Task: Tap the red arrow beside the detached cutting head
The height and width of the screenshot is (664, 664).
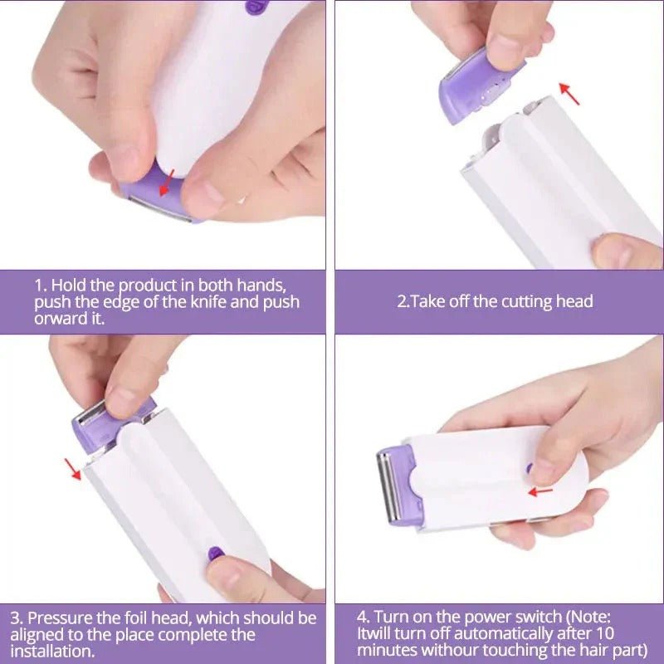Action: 569,93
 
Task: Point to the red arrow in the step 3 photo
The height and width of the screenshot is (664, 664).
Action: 74,470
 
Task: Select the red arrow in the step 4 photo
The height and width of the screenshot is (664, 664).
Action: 540,491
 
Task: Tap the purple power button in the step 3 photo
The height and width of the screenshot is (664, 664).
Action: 214,552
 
